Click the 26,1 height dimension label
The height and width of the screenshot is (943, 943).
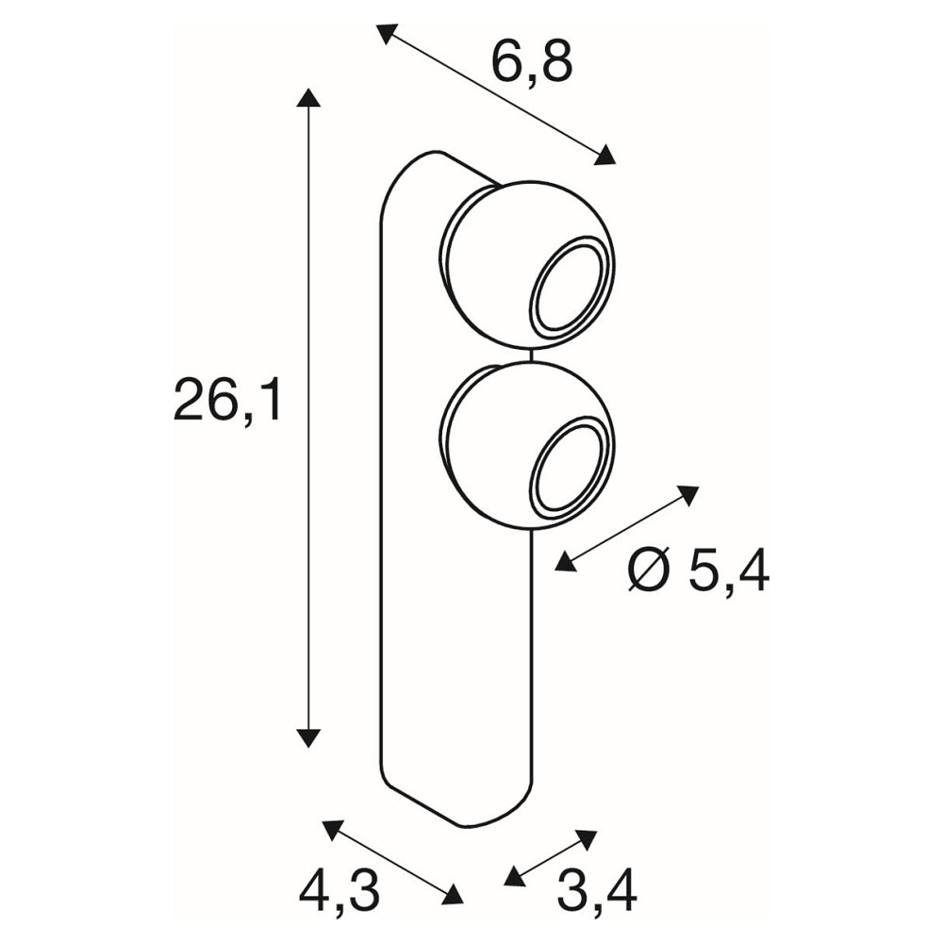click(226, 400)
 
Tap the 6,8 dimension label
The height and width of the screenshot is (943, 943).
click(532, 62)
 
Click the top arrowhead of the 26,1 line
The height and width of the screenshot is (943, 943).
click(308, 97)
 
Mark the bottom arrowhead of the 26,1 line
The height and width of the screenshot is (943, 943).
click(308, 737)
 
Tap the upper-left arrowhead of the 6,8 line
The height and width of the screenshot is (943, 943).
click(387, 34)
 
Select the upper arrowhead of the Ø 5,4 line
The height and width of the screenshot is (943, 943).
click(687, 494)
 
